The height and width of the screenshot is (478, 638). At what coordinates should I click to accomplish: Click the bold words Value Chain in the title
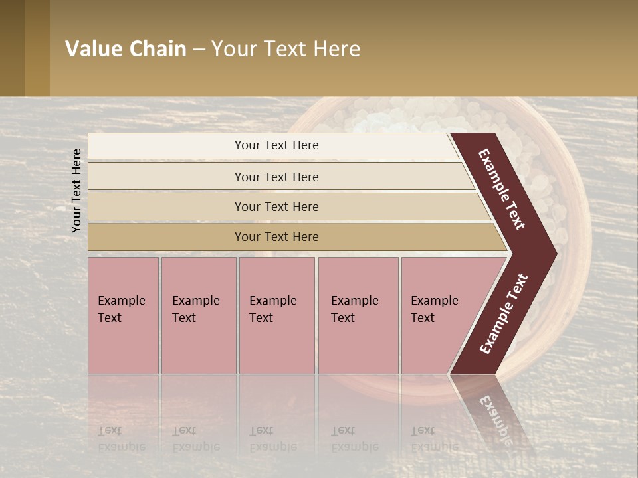[126, 49]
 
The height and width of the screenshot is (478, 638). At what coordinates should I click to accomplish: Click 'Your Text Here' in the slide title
[286, 49]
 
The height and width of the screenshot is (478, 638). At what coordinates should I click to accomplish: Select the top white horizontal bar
[272, 145]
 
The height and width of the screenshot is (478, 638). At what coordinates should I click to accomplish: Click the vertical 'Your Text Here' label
[76, 191]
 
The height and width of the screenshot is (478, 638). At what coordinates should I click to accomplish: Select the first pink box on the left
[123, 315]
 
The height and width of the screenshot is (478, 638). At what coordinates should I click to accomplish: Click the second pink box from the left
[198, 315]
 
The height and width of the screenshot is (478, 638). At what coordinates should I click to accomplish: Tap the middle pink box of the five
[276, 315]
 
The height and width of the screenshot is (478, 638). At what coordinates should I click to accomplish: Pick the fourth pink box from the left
[358, 315]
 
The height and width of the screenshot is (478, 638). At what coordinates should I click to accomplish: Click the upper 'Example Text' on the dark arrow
[502, 189]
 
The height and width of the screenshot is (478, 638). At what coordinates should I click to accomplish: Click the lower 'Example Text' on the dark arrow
[504, 313]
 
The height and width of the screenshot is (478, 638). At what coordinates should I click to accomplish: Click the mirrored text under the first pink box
[121, 439]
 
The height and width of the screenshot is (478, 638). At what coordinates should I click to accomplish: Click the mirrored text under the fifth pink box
[434, 439]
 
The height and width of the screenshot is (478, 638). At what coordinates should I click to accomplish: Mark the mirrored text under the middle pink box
[272, 439]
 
